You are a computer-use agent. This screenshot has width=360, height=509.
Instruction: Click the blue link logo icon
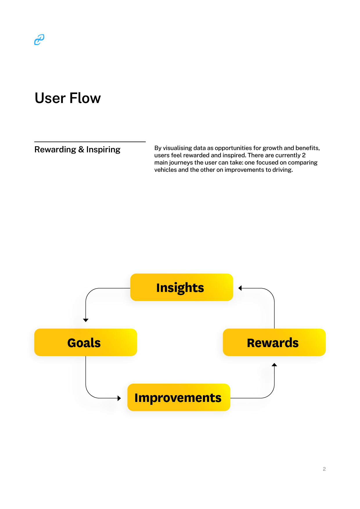pyautogui.click(x=39, y=40)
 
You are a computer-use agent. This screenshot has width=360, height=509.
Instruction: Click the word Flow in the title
pyautogui.click(x=85, y=98)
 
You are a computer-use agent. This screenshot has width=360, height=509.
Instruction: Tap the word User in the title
pyautogui.click(x=50, y=98)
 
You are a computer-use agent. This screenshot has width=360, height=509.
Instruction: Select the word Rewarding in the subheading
pyautogui.click(x=55, y=149)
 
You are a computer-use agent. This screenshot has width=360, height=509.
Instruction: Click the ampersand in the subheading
pyautogui.click(x=81, y=149)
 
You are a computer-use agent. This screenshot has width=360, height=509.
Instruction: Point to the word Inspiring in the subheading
pyautogui.click(x=103, y=149)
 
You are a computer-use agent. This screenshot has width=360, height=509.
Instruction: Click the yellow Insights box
pyautogui.click(x=181, y=287)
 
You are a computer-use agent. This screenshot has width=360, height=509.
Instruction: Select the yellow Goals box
pyautogui.click(x=85, y=342)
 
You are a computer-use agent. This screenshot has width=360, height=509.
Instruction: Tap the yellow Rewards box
pyautogui.click(x=274, y=342)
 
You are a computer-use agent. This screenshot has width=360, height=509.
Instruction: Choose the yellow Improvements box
pyautogui.click(x=179, y=398)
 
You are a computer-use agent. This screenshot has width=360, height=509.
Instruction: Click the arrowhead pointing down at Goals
pyautogui.click(x=86, y=320)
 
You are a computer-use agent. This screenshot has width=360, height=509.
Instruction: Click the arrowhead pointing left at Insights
pyautogui.click(x=240, y=288)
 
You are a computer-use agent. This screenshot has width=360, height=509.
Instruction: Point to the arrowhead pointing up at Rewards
pyautogui.click(x=274, y=365)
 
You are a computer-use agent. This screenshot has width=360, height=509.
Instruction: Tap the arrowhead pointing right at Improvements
pyautogui.click(x=119, y=398)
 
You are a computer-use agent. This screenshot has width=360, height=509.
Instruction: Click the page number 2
pyautogui.click(x=324, y=469)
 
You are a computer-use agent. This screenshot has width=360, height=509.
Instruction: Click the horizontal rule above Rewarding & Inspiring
pyautogui.click(x=90, y=142)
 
